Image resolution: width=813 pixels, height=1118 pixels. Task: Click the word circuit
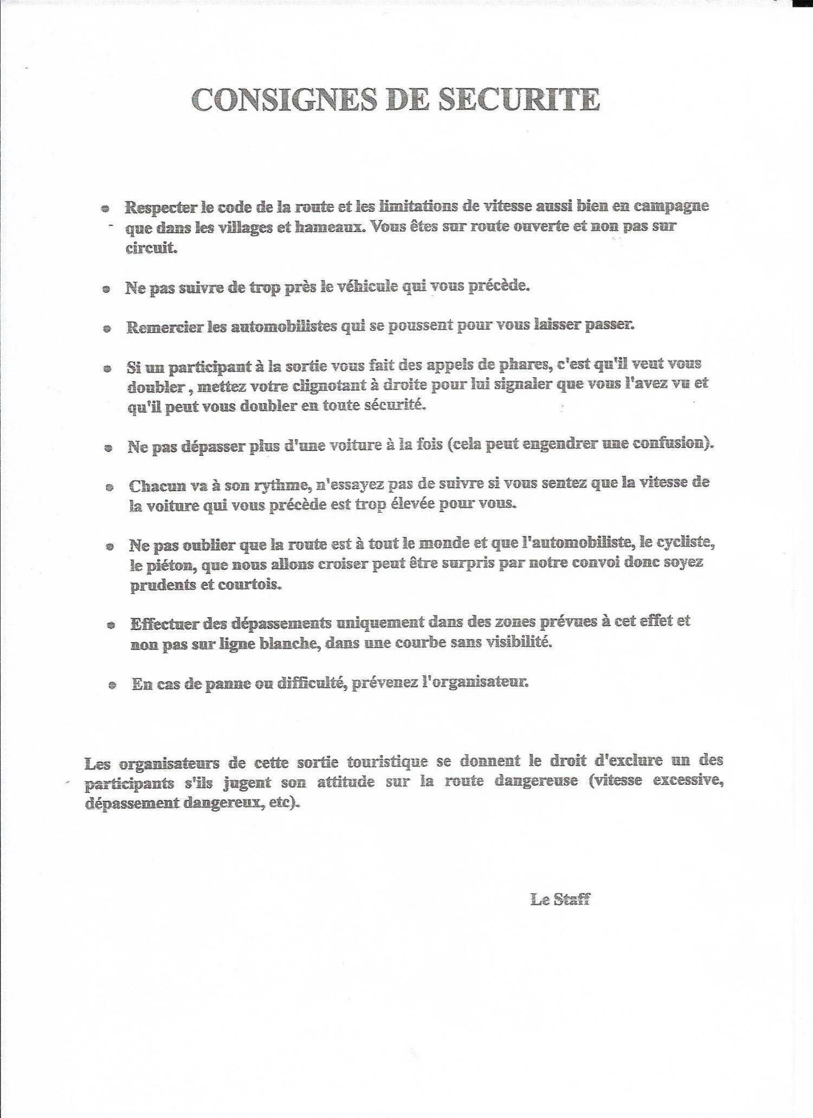(x=151, y=248)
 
